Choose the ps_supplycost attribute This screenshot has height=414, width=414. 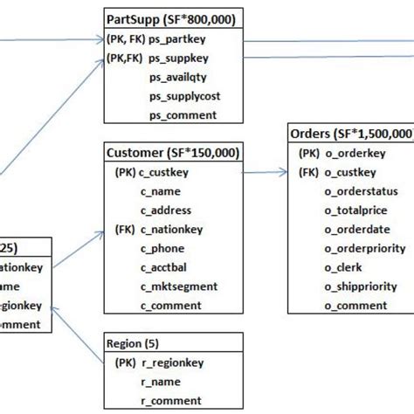(183, 96)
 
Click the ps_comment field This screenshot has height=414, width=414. (182, 115)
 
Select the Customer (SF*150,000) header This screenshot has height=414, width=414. (173, 153)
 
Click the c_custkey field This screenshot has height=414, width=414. (163, 172)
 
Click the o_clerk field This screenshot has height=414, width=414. (346, 267)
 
